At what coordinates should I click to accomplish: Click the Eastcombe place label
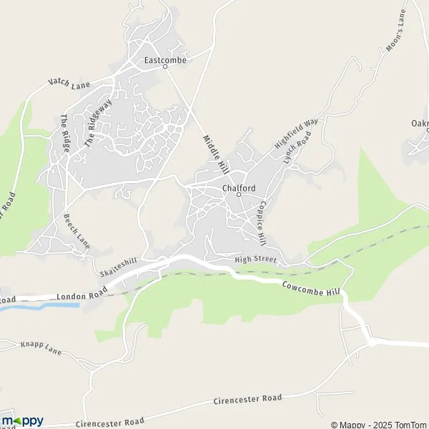coord(165,60)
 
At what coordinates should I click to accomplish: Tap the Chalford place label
coord(238,188)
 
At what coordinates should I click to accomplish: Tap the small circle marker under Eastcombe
coord(165,67)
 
